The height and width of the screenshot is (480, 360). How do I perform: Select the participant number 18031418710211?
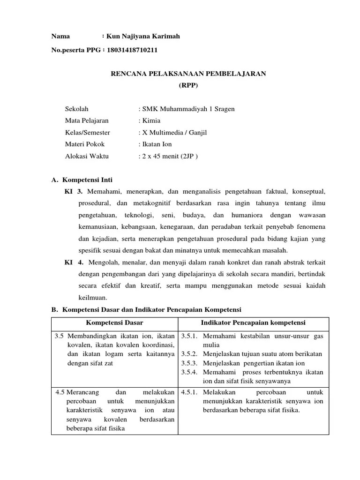132,49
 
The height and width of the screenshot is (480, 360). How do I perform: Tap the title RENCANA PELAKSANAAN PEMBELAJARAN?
188,74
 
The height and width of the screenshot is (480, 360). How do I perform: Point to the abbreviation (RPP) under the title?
188,85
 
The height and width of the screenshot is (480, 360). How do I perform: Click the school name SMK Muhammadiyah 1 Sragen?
189,109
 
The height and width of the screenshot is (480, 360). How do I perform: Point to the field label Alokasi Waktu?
86,157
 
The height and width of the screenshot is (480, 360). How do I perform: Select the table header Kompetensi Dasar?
114,323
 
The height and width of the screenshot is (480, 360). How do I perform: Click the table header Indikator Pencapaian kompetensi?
253,323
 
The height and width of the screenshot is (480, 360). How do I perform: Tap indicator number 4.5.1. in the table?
190,392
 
